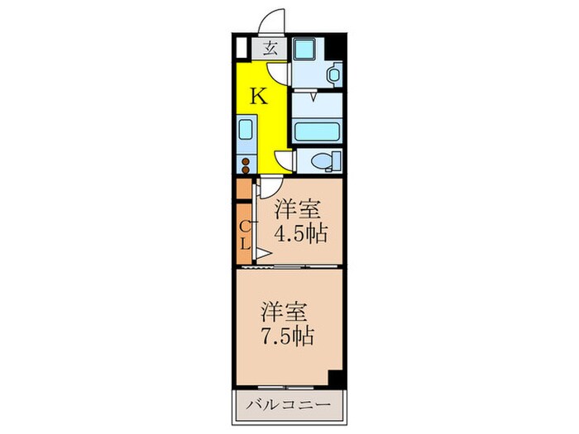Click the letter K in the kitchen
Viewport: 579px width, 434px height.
(259, 97)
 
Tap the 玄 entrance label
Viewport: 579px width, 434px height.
(270, 47)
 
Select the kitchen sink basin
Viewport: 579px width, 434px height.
(245, 131)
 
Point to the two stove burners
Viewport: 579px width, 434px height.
(245, 163)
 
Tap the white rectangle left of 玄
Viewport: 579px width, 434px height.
(242, 47)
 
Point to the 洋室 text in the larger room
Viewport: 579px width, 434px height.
(285, 312)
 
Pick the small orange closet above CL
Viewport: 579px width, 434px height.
(244, 188)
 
